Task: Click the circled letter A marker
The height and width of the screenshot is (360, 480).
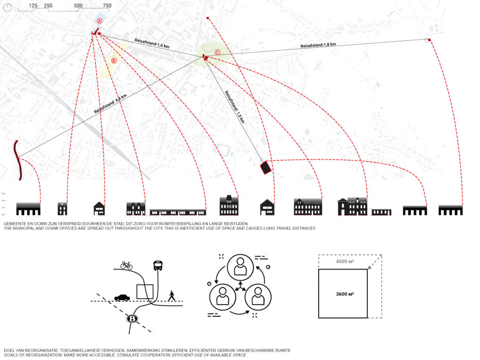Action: tap(99, 21)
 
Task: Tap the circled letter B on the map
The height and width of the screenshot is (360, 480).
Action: tap(114, 61)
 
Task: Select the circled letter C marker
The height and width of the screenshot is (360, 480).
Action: tap(217, 53)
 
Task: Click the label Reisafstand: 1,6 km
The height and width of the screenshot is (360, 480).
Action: tap(152, 43)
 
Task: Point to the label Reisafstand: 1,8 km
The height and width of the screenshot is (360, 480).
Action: tap(318, 45)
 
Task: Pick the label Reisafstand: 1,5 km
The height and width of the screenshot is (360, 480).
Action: tap(234, 107)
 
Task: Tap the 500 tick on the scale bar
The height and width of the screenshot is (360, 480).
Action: tap(78, 6)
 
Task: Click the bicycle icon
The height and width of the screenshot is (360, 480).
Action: tap(126, 266)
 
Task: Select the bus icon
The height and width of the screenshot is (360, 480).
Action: tap(157, 266)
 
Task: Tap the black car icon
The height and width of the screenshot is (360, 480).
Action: tap(122, 297)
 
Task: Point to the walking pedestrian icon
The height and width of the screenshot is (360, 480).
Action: tap(172, 295)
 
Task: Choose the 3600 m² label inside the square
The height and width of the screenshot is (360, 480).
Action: tap(345, 294)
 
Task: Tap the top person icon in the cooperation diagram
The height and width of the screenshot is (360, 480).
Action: tap(240, 267)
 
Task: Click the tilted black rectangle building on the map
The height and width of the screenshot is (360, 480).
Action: tap(266, 167)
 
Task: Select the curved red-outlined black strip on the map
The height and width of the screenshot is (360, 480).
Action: tap(18, 160)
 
